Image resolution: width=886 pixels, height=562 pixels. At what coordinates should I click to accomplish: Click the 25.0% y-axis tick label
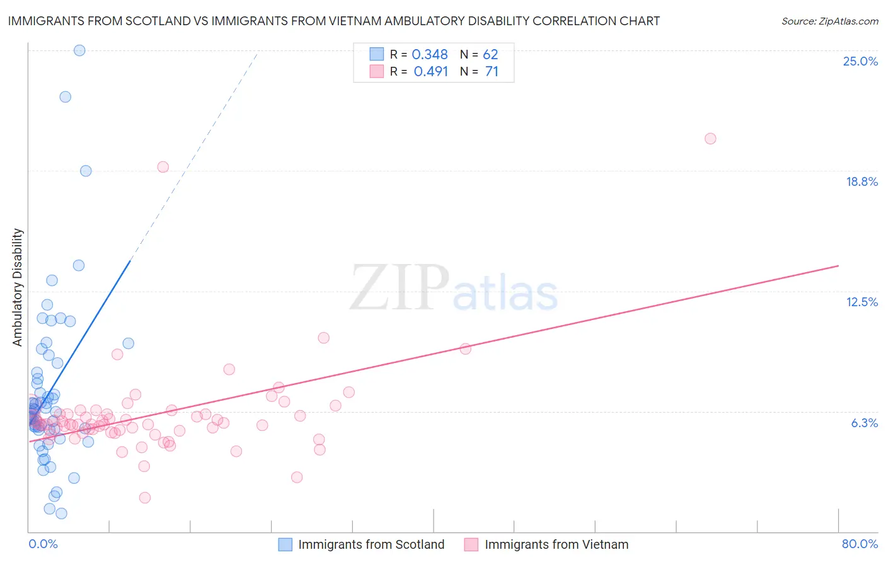pos(860,62)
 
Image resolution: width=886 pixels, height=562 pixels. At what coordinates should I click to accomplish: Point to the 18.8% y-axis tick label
pos(861,182)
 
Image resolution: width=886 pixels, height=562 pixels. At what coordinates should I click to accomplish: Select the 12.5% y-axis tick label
pos(861,302)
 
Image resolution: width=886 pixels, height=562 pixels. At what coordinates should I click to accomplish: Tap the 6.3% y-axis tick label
pos(864,423)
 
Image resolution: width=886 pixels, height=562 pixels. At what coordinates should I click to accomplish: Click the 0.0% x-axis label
pos(43,544)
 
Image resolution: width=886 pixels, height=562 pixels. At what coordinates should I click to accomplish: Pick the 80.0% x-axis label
pos(860,544)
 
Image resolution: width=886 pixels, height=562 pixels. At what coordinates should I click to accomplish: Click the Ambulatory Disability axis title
pos(18,287)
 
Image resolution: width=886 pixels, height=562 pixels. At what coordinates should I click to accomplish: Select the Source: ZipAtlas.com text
pos(829,21)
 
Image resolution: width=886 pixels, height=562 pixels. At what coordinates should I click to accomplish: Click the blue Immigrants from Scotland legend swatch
pos(285,544)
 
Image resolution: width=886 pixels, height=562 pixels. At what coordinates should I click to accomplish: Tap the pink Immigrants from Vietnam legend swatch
pos(471,544)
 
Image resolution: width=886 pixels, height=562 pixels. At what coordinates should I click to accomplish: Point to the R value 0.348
pos(430,55)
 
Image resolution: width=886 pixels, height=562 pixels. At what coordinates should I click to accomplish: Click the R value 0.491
pos(431,72)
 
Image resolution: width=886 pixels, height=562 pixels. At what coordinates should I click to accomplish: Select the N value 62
pos(490,55)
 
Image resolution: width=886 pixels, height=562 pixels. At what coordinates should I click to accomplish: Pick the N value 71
pos(492,72)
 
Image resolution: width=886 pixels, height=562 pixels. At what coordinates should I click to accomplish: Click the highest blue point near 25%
pos(79,50)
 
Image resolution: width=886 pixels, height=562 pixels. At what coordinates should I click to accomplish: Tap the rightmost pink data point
pos(710,139)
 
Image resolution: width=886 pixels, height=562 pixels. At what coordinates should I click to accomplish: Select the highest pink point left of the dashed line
pos(163,167)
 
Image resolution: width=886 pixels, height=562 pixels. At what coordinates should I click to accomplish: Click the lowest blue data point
pos(61,513)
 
